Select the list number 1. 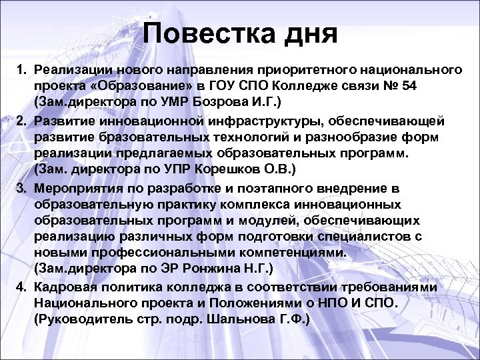tap(21, 69)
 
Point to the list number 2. tap(21, 119)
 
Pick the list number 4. tap(21, 287)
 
